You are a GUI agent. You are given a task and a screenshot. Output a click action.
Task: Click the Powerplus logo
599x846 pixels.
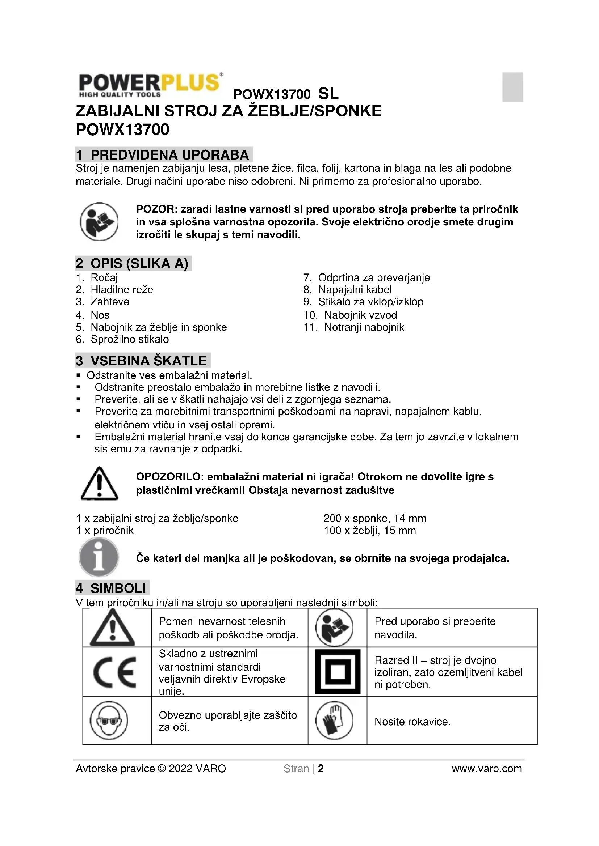coord(151,85)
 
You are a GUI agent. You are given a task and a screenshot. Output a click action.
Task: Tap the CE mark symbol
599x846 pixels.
coord(115,672)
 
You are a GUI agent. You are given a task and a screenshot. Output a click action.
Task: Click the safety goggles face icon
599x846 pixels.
coord(109,720)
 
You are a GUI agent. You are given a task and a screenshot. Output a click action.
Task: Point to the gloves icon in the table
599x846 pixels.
coord(334,720)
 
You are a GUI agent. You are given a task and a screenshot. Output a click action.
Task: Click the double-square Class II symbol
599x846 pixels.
coord(338,671)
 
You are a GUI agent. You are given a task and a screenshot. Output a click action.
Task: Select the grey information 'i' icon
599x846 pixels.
coord(99,557)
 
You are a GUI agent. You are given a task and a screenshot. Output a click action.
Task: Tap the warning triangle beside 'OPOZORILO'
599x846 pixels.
coord(99,484)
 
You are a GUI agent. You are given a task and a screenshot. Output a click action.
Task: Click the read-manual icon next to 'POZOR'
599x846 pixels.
coord(99,221)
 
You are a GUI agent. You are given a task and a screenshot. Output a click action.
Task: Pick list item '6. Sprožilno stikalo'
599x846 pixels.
coord(122,339)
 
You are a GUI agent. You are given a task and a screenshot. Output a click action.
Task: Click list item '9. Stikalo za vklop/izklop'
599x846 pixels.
coord(363,302)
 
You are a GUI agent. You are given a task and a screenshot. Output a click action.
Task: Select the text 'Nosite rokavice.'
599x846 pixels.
coord(412,722)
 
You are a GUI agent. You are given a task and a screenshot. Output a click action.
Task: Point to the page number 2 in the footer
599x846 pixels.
coord(321,769)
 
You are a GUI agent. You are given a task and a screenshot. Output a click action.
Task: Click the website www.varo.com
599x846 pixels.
coord(486,769)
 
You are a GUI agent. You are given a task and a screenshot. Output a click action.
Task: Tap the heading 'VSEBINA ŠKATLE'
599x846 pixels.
coord(148,360)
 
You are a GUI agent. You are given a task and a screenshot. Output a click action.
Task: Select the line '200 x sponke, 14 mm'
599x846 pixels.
coord(374,518)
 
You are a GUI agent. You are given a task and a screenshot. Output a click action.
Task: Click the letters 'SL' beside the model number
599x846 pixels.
coord(328,94)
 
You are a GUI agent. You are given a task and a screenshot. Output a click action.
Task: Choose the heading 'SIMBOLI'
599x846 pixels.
coord(118,588)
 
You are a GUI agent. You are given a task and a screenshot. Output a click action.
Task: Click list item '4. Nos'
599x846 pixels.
coord(93,315)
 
